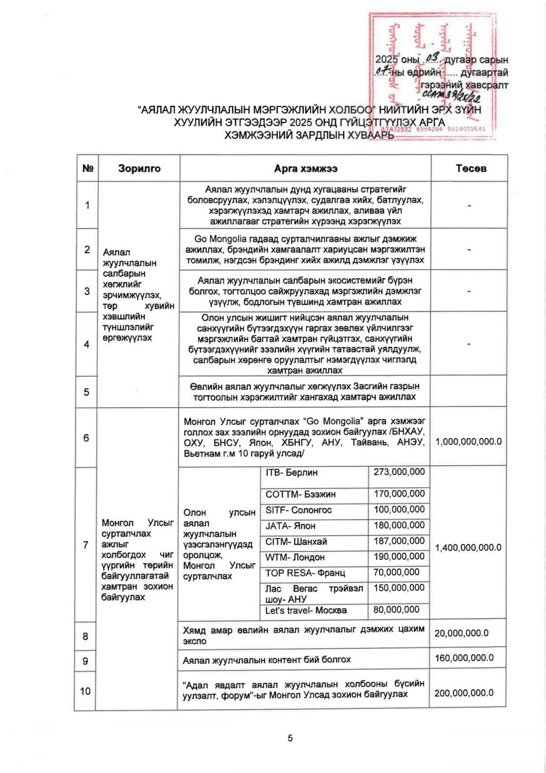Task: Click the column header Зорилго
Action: [x=139, y=169]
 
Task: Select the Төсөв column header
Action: [x=471, y=169]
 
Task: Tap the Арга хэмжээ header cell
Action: [x=305, y=169]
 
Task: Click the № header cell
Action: [x=88, y=169]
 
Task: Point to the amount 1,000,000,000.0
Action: [x=468, y=442]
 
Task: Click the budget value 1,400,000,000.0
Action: [x=468, y=547]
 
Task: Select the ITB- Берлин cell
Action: [x=292, y=473]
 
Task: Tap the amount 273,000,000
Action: [x=399, y=472]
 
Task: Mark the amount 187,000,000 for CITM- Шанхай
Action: [x=399, y=541]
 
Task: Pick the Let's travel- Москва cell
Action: [x=306, y=611]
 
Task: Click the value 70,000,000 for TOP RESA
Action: [x=396, y=572]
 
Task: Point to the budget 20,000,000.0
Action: [x=462, y=633]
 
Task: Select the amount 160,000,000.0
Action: [x=464, y=658]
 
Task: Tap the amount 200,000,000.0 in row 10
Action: [x=464, y=693]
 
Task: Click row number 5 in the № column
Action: [x=87, y=392]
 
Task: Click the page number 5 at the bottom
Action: [x=290, y=738]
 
